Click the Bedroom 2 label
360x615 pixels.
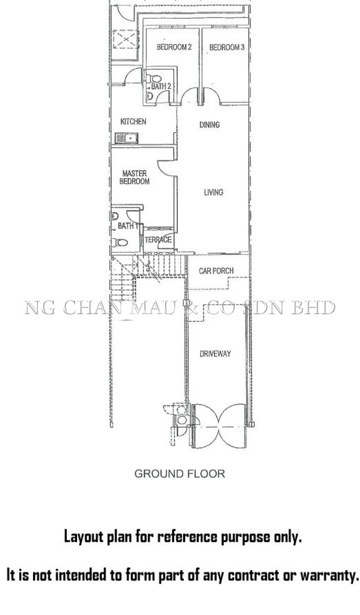[174, 47]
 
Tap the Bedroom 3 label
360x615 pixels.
[227, 47]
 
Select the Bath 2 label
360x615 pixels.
[161, 86]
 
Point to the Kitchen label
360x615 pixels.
[133, 122]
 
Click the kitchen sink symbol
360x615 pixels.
[126, 138]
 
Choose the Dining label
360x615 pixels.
[210, 125]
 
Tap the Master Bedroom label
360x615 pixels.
[135, 177]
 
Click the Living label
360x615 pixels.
[213, 192]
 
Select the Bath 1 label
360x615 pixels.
[128, 226]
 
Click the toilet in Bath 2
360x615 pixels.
[155, 79]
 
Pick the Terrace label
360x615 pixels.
[158, 240]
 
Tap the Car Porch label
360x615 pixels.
[216, 271]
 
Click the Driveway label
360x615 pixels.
[215, 354]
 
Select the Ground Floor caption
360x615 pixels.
[180, 474]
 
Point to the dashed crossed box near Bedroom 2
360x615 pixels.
[126, 39]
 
